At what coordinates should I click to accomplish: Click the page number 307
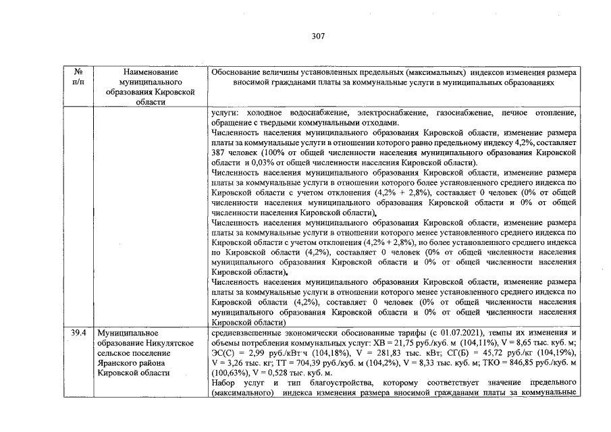coord(319,36)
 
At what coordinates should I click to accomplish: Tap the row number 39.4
coord(79,333)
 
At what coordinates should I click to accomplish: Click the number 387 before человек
coord(219,153)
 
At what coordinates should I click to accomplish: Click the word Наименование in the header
coord(151,72)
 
